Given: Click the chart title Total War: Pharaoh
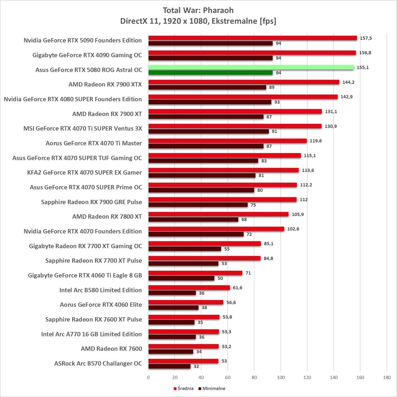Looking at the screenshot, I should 198,10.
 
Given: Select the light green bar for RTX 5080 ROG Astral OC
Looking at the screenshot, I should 251,67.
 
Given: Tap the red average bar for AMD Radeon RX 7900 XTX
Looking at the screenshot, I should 243,82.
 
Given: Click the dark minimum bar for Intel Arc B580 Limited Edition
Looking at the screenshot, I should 172,293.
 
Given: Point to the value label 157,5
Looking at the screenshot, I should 366,38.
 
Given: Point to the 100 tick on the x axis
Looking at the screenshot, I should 281,377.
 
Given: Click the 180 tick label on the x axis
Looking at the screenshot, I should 387,377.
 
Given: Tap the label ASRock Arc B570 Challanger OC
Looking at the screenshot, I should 98,363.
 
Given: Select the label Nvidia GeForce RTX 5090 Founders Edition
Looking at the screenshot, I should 83,40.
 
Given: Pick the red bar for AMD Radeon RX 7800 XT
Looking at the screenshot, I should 218,214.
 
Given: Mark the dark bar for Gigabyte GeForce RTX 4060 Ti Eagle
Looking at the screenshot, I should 181,278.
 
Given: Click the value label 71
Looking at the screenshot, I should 248,273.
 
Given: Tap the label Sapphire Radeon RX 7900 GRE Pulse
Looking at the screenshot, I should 91,202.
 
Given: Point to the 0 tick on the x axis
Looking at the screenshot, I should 148,377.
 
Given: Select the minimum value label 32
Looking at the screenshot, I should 196,366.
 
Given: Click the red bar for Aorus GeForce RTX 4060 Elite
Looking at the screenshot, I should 186,302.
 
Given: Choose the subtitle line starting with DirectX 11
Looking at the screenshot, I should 198,21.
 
